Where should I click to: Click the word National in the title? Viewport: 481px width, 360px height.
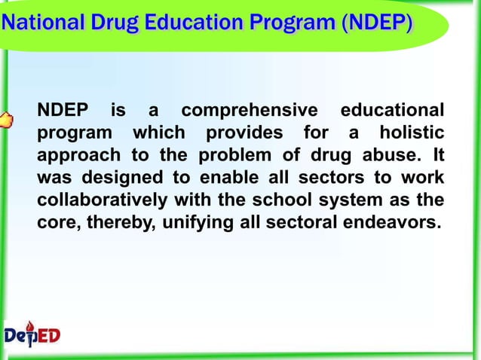click(34, 25)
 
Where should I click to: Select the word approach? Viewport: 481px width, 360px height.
click(72, 157)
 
